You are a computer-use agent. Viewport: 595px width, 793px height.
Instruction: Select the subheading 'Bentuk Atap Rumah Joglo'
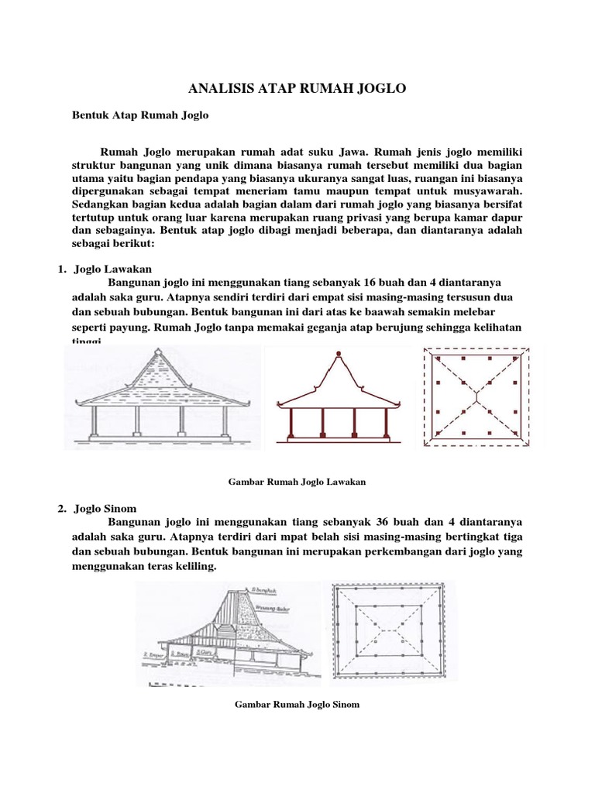pos(140,115)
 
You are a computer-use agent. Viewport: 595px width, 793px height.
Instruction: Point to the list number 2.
pos(60,509)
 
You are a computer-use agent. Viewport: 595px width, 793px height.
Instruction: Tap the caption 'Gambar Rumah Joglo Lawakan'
pos(297,481)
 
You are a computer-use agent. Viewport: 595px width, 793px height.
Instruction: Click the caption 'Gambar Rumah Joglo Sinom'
pos(297,705)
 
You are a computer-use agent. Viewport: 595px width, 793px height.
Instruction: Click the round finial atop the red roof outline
pos(338,355)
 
